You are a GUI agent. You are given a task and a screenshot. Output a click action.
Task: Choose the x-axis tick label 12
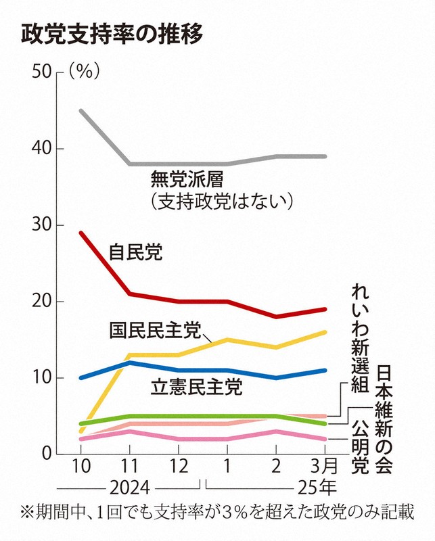pos(179,466)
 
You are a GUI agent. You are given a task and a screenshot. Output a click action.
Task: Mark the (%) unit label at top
pos(85,72)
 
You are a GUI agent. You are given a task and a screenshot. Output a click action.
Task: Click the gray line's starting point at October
pos(81,110)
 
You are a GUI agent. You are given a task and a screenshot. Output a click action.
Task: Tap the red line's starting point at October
pos(81,233)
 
